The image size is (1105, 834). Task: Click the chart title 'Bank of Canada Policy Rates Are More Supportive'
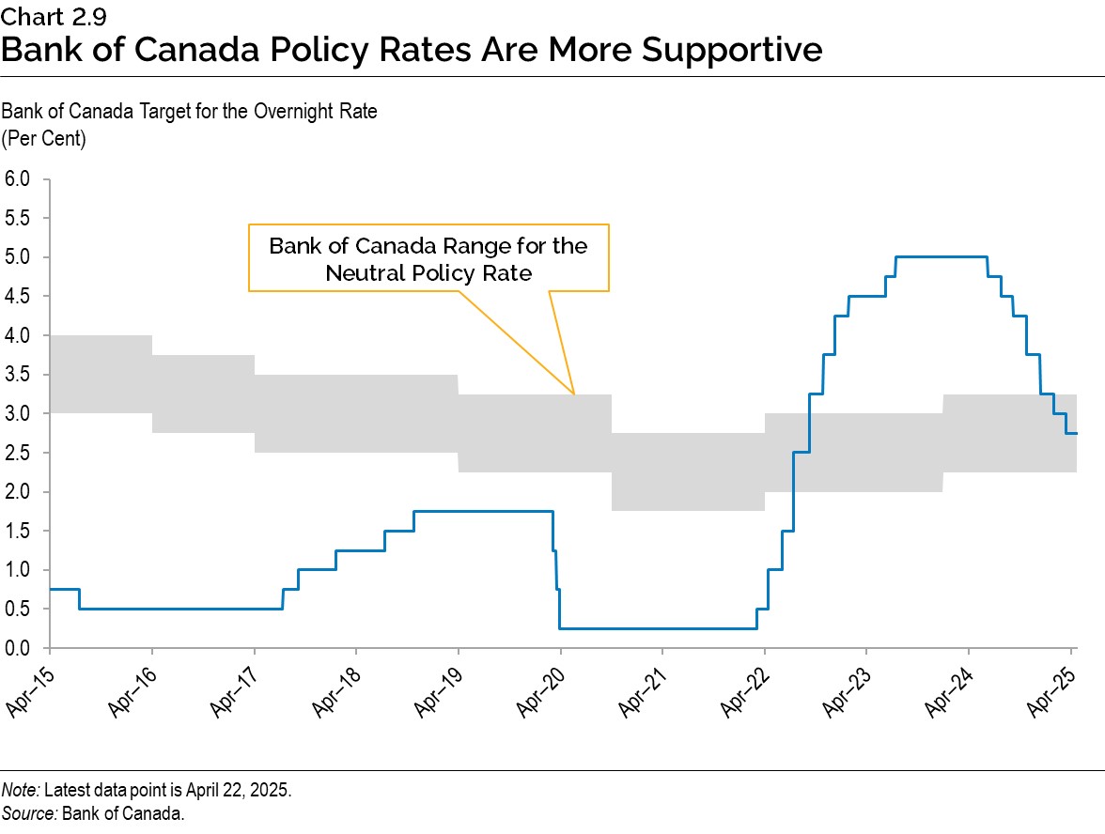click(412, 49)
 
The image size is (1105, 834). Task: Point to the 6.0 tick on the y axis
click(18, 178)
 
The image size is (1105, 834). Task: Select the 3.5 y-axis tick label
click(18, 375)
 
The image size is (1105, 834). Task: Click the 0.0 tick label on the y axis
click(18, 648)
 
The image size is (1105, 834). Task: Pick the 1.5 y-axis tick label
click(18, 531)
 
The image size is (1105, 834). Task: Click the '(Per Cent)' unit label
click(43, 139)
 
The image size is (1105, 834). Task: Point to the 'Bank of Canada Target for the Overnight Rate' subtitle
click(189, 112)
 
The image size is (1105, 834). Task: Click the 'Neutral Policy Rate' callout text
click(428, 273)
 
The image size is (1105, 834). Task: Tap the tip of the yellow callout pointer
click(574, 393)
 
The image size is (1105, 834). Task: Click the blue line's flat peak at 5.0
click(940, 256)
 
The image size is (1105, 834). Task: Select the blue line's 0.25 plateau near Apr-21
click(662, 628)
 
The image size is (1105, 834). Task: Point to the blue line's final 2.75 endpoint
click(1075, 433)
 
